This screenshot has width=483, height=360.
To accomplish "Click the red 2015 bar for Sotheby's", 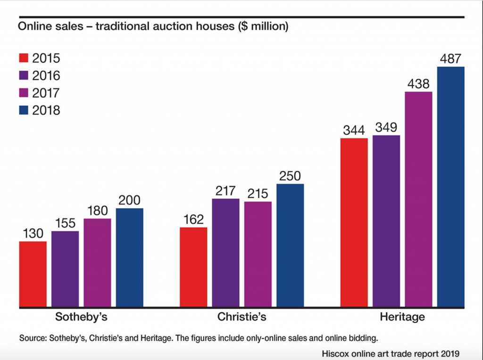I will point(33,274).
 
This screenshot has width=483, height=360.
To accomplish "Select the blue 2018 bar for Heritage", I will point(451,187).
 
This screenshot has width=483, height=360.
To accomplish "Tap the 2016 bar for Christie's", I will point(225,253).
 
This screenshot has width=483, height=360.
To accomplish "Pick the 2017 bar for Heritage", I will point(418,199).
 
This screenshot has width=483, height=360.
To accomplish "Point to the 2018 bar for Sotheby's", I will point(129,258).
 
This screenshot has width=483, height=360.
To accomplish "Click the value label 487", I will point(450,59).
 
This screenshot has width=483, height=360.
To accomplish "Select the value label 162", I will point(193,220).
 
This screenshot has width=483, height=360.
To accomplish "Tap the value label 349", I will point(386,128).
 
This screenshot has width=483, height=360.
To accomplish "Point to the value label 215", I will point(258,194).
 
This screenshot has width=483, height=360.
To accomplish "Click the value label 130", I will point(33,234).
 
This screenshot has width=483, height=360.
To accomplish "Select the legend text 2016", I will point(46,75).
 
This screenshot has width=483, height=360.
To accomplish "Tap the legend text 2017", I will point(46,93).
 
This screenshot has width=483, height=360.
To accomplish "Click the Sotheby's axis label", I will point(81,317).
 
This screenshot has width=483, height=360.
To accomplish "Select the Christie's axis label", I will point(241,317).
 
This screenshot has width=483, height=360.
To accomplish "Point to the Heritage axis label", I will point(402,317).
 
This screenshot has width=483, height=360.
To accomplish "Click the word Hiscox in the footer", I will point(334,352).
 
